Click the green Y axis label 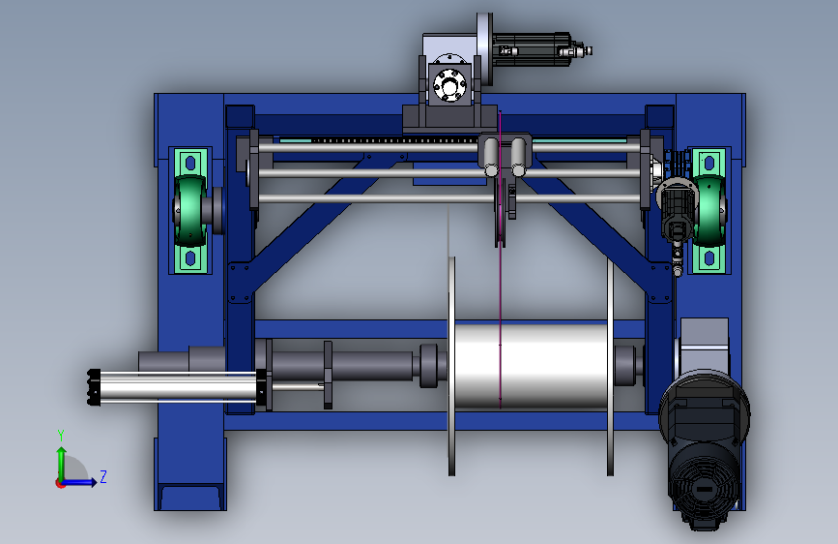click(61, 436)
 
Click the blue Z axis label click(103, 476)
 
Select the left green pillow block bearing click(189, 210)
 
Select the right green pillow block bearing click(709, 210)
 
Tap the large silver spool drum click(530, 365)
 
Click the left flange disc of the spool click(451, 366)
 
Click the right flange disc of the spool click(610, 366)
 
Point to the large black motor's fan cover click(704, 491)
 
